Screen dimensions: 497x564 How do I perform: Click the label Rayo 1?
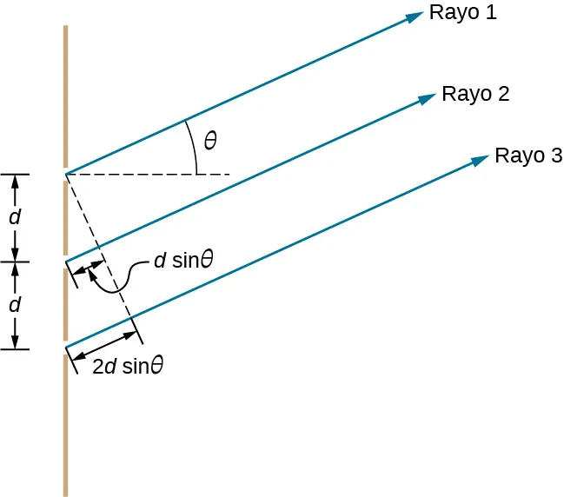pos(464,15)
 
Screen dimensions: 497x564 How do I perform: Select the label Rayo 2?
pos(475,94)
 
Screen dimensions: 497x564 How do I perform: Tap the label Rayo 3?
pos(528,156)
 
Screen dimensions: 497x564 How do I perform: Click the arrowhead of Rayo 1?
pos(414,18)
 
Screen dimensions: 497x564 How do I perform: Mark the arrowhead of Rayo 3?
pos(480,160)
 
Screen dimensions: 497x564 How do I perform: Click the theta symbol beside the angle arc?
pos(210,139)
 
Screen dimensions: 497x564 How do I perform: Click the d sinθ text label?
pos(183,260)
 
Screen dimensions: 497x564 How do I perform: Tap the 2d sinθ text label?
pos(129,366)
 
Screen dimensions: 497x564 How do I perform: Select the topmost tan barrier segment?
pos(65,96)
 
